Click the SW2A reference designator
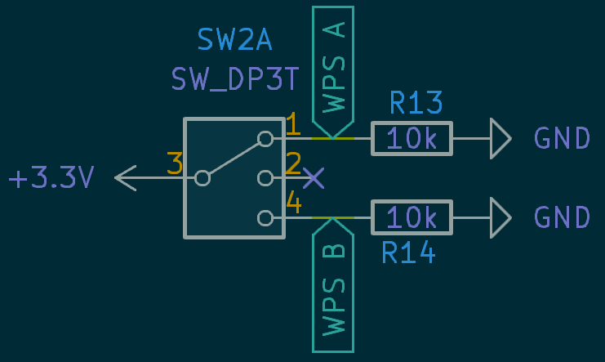(x=234, y=38)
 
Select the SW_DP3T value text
(x=235, y=79)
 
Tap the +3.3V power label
(x=51, y=178)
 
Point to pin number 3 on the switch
(x=174, y=163)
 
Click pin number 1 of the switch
(x=293, y=125)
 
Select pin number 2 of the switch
(x=293, y=163)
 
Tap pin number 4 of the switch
(x=293, y=203)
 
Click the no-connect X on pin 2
(x=314, y=177)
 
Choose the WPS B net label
(x=333, y=286)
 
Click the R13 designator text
(x=416, y=103)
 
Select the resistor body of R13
(x=411, y=138)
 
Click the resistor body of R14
(x=411, y=217)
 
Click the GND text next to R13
(x=562, y=138)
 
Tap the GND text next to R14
(x=562, y=217)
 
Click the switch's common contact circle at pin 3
(x=202, y=177)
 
